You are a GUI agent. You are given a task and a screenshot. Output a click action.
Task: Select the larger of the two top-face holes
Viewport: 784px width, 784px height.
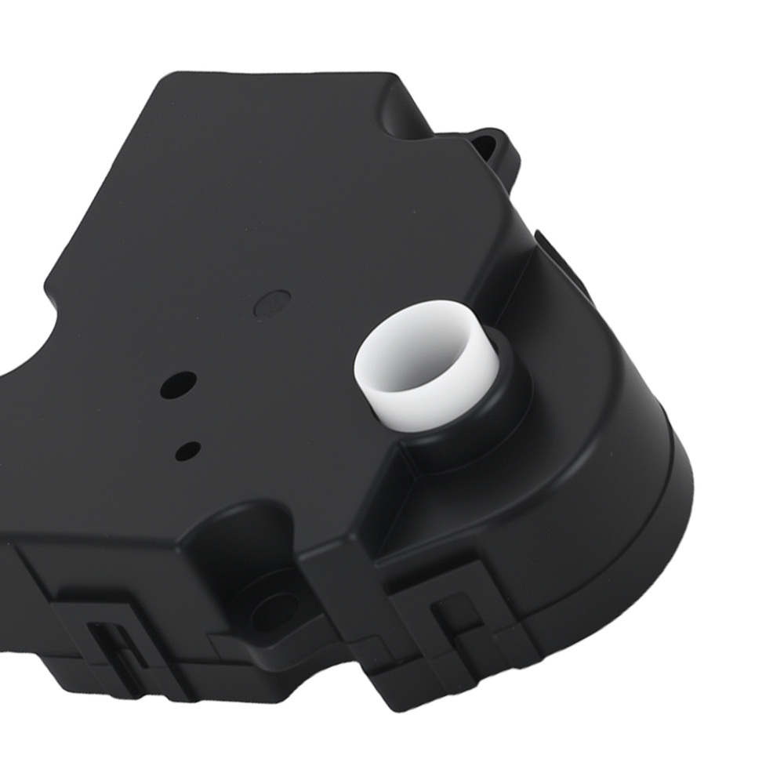click(176, 384)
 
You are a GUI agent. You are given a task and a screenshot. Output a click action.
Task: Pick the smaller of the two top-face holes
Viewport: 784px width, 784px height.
click(188, 449)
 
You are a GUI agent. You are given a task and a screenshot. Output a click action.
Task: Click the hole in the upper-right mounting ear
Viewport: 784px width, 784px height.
click(495, 144)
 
